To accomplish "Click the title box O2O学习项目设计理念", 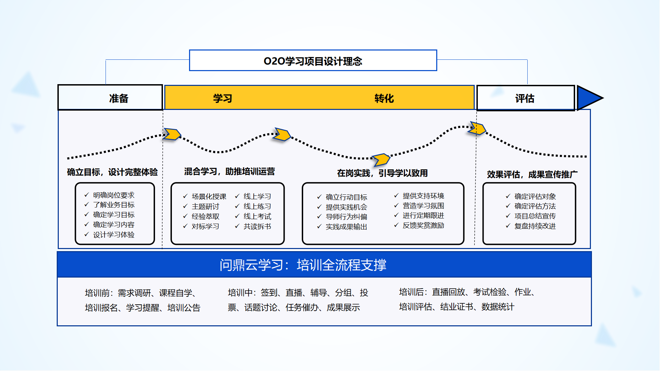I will pos(313,61).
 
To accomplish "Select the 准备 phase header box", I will pos(110,98).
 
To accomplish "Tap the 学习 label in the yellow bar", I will pos(223,98).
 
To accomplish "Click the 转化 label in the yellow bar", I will pos(384,98).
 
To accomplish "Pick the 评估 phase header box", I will pos(525,98).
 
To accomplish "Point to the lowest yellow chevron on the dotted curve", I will pos(381,159).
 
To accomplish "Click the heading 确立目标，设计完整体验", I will pos(112,172).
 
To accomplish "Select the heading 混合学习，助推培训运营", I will pos(229,171).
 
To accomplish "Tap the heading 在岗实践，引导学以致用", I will pos(382,173).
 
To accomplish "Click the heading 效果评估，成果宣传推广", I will pos(532,174).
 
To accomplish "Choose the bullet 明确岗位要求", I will pos(114,195).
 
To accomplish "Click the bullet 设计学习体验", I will pos(114,235).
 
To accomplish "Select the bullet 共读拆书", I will pos(257,226).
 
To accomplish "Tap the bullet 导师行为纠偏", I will pos(346,217).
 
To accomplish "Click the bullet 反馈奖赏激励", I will pos(423,225).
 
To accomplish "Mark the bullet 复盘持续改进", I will pos(535,226).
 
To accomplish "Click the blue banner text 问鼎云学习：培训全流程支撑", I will pos(303,265).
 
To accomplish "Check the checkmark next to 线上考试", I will pos(237,216).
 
